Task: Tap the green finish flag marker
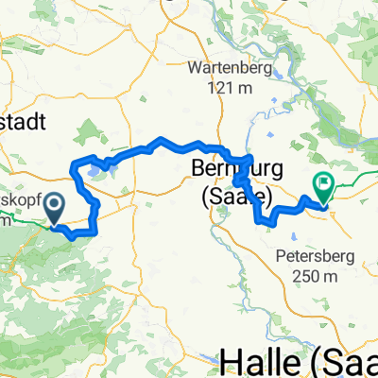pyautogui.click(x=324, y=189)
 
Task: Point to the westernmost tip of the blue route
pyautogui.click(x=73, y=170)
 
